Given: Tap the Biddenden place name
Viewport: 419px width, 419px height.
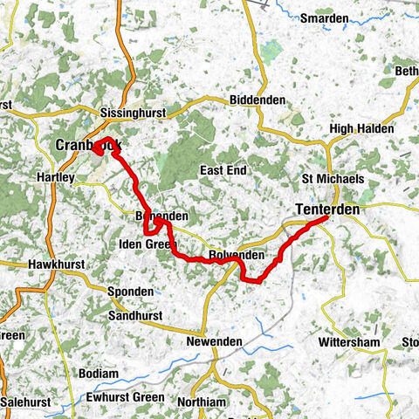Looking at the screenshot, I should coord(258,100).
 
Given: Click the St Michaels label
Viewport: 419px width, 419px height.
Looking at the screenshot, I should coord(333,178).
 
